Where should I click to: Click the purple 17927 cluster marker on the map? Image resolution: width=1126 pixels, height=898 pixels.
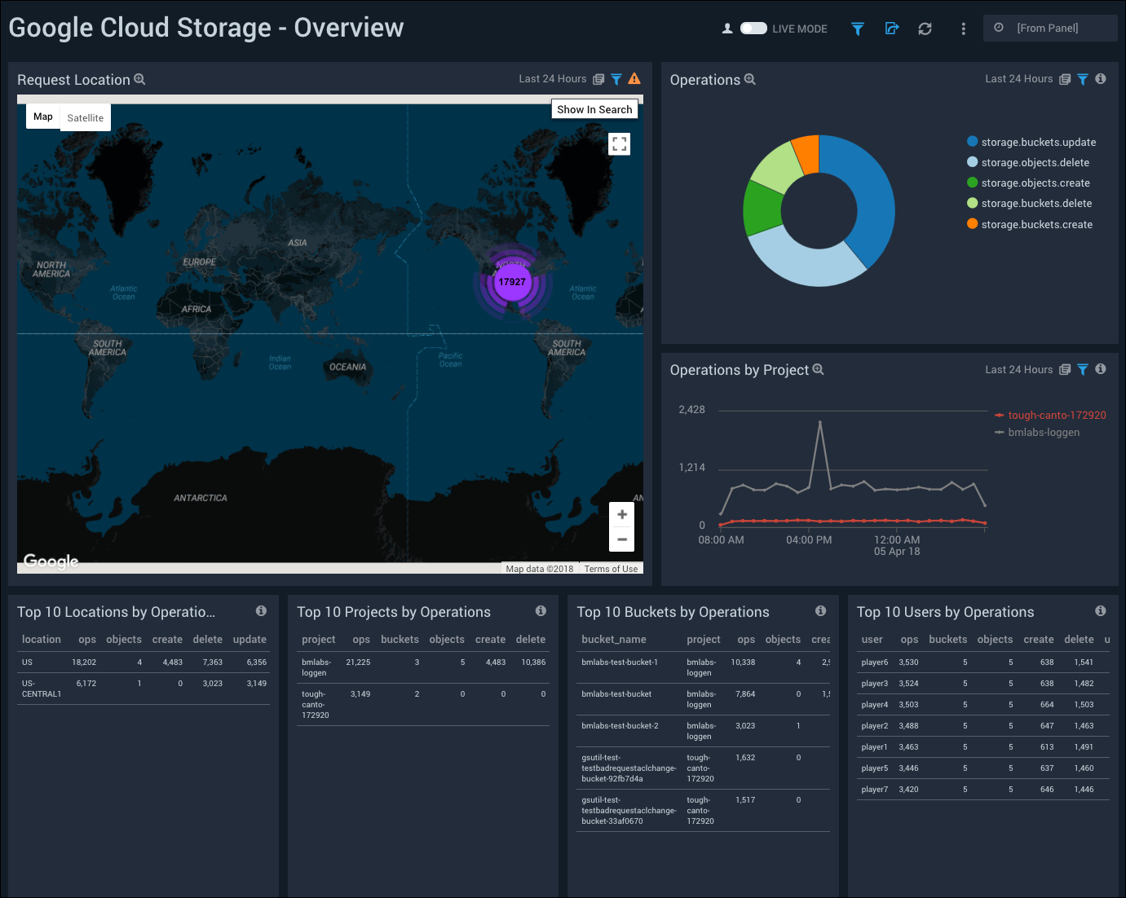point(512,282)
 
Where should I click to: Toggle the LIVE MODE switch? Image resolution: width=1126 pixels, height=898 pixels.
point(753,29)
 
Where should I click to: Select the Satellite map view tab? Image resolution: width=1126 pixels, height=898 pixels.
point(86,118)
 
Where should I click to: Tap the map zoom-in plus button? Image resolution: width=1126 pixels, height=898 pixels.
point(621,514)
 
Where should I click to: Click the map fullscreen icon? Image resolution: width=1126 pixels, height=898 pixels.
point(620,144)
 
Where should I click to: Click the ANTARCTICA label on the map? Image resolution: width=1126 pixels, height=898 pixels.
point(201,498)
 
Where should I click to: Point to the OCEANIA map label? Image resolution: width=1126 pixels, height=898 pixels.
point(347,368)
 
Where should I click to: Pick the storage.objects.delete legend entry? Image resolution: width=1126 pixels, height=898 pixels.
point(1035,163)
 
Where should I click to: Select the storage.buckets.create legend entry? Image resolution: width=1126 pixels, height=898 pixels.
point(1036,225)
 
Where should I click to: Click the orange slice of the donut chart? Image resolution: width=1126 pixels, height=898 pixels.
point(806,154)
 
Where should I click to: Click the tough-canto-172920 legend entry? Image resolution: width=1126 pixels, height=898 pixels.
point(1057,416)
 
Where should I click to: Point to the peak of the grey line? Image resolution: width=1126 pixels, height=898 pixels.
point(819,422)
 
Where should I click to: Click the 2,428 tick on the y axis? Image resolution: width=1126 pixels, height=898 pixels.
point(691,410)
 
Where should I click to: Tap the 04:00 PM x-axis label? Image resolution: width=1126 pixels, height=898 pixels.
point(809,540)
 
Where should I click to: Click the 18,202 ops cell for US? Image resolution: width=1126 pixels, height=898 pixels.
point(84,662)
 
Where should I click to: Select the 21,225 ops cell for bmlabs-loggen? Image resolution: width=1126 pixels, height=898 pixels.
point(358,662)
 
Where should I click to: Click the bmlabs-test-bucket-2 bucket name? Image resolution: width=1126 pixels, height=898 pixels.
point(620,726)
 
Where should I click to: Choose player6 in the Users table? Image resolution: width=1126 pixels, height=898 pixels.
point(874,662)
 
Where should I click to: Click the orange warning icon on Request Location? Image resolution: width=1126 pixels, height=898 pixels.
point(634,79)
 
